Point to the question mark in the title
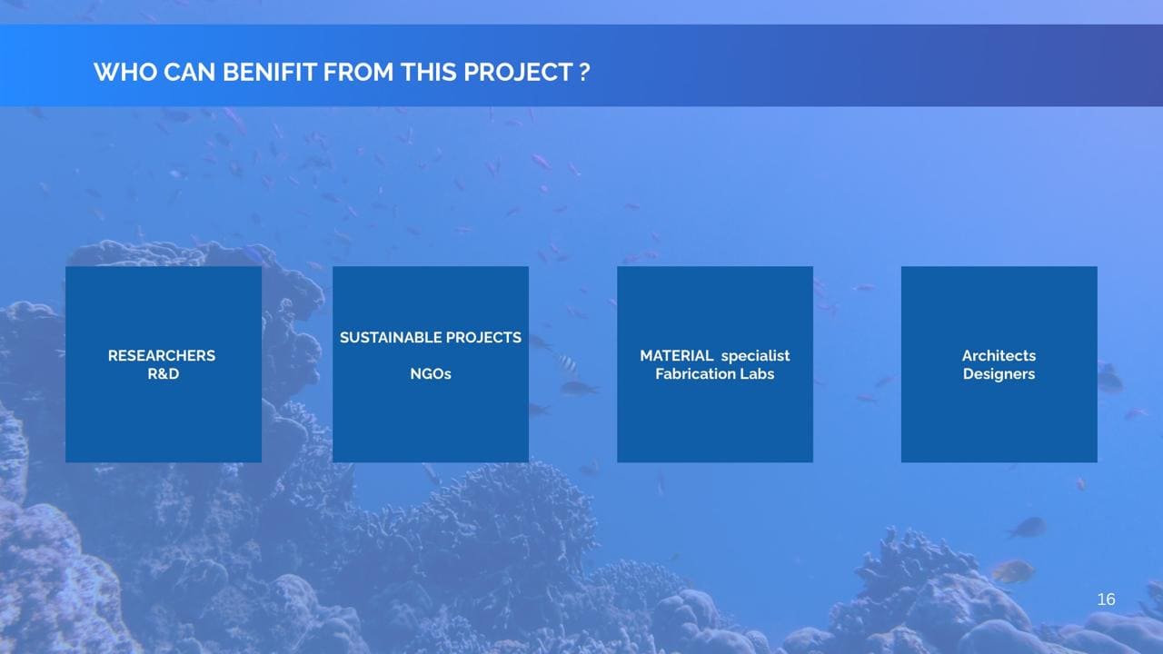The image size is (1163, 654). coord(584,72)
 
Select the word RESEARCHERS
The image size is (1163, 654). coord(162,355)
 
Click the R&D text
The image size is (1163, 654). coord(163,373)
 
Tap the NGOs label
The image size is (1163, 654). coord(431,373)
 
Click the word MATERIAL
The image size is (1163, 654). coord(677,355)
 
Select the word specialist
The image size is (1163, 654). coord(755,356)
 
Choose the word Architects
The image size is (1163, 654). coord(999,355)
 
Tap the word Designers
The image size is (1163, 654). coord(999,374)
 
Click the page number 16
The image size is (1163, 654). coord(1106,599)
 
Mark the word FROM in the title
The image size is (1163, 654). coord(358,72)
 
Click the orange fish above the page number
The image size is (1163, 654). coord(1012,572)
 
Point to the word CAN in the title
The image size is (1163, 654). coord(190,72)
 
